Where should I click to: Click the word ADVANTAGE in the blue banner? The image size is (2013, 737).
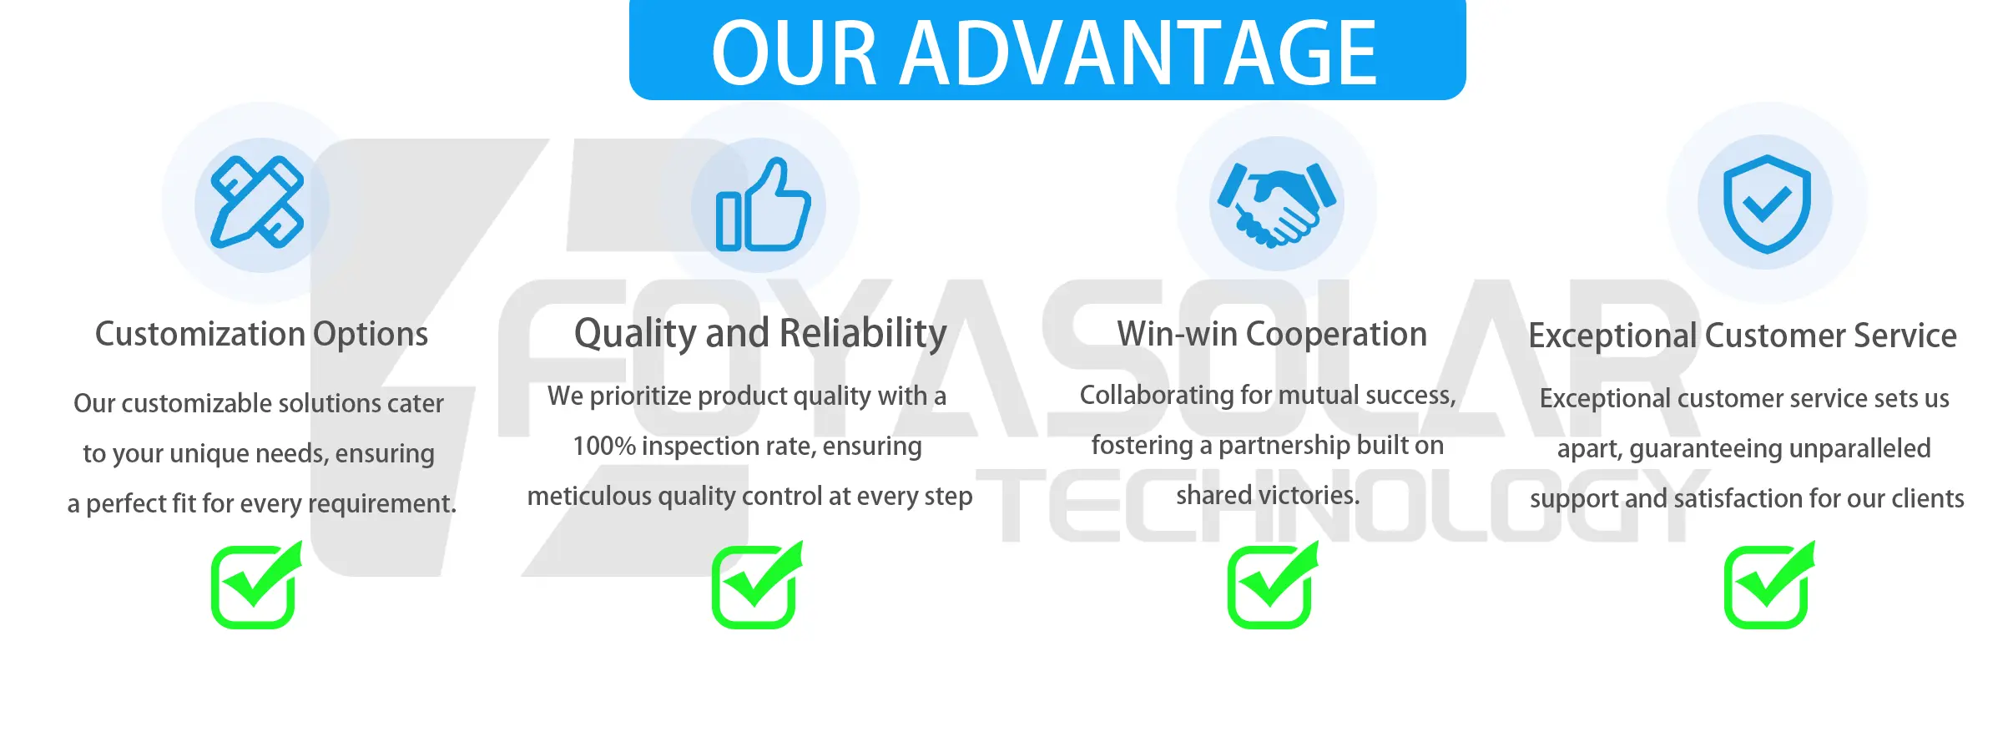point(1138,53)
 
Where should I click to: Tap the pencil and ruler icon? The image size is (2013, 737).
point(257,202)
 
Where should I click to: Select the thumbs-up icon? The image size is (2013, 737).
point(763,204)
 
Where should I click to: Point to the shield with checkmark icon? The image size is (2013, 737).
point(1767,204)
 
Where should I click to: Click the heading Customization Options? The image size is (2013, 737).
point(261,334)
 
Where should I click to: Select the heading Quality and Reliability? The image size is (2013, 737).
point(760,334)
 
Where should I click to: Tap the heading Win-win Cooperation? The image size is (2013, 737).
point(1272,334)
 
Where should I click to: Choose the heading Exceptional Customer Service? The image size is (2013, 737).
point(1743,336)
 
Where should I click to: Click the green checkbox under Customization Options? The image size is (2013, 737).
point(256,584)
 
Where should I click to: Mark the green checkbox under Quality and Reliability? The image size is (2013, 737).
point(757,584)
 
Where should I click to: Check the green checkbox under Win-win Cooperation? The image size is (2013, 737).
point(1273,584)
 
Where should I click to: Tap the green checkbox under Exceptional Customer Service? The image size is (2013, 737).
point(1769,584)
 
